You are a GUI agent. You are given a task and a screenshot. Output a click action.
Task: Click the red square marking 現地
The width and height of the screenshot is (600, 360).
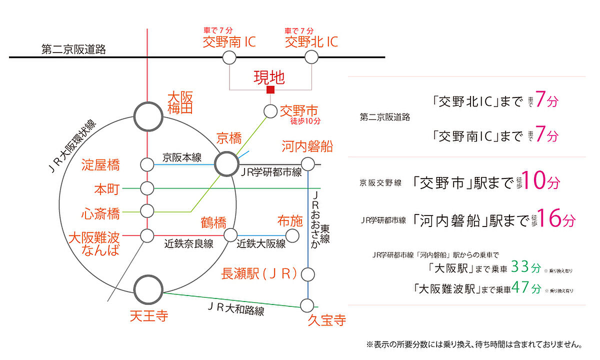pos(270,90)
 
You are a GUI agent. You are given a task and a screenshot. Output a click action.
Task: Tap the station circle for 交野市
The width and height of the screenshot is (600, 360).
pos(270,111)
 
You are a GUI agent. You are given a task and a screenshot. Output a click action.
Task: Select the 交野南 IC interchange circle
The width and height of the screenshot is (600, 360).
pos(229,58)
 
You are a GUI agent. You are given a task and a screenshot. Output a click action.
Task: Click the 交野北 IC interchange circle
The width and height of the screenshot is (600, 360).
pos(311,58)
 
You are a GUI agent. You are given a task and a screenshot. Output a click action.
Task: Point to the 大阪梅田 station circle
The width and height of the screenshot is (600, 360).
pos(148,116)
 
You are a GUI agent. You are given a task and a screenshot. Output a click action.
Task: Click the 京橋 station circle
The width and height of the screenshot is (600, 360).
pos(227,163)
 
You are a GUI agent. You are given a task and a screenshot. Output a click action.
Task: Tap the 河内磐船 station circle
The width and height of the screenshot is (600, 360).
pos(308,163)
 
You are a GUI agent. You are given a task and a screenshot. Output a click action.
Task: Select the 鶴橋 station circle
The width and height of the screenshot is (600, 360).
pos(230,235)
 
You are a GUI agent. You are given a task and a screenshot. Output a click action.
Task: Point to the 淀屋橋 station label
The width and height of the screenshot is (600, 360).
pos(100,164)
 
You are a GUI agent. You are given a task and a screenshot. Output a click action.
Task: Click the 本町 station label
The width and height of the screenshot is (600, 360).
pos(107,189)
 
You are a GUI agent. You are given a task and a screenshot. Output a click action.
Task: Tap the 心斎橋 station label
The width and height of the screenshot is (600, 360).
pos(100,213)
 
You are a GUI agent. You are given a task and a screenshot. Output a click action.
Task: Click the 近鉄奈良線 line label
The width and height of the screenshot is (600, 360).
pos(189,244)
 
